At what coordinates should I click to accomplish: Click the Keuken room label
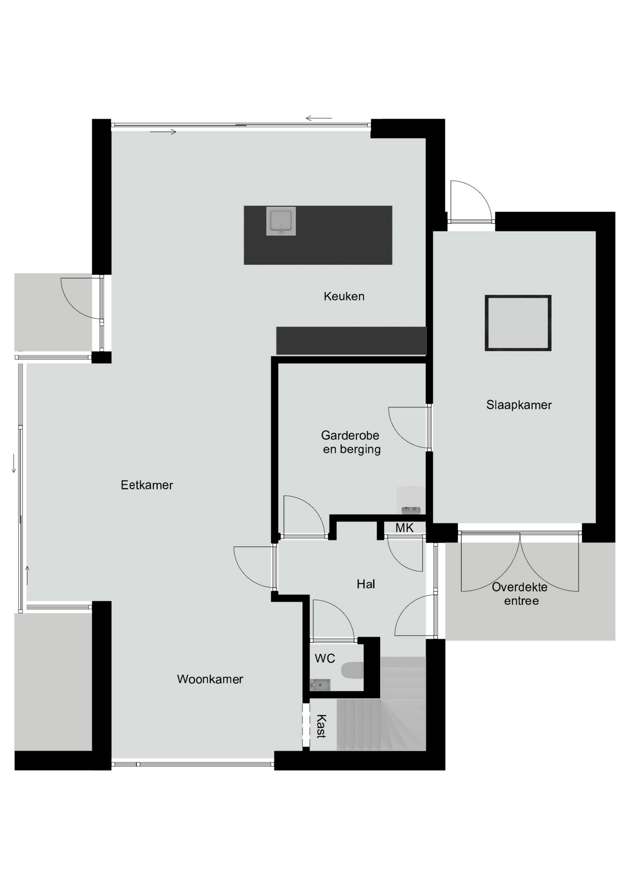pyautogui.click(x=344, y=296)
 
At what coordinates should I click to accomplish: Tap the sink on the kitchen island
pyautogui.click(x=281, y=221)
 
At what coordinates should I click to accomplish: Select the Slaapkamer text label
pyautogui.click(x=519, y=405)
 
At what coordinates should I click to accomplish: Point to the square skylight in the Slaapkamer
pyautogui.click(x=518, y=323)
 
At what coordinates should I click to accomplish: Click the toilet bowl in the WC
pyautogui.click(x=352, y=670)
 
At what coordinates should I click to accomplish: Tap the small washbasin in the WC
pyautogui.click(x=320, y=684)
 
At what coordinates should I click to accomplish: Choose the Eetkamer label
pyautogui.click(x=147, y=485)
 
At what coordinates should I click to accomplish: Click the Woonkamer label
pyautogui.click(x=210, y=679)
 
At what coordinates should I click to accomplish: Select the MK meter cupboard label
pyautogui.click(x=404, y=528)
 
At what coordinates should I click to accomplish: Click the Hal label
pyautogui.click(x=366, y=584)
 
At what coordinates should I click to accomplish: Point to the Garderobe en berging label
pyautogui.click(x=351, y=442)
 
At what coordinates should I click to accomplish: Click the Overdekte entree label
pyautogui.click(x=520, y=594)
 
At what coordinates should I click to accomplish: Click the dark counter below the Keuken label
pyautogui.click(x=351, y=341)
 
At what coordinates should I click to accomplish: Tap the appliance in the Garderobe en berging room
pyautogui.click(x=410, y=500)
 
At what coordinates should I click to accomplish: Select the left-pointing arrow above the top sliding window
pyautogui.click(x=319, y=119)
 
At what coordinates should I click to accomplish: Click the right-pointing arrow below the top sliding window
pyautogui.click(x=163, y=132)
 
